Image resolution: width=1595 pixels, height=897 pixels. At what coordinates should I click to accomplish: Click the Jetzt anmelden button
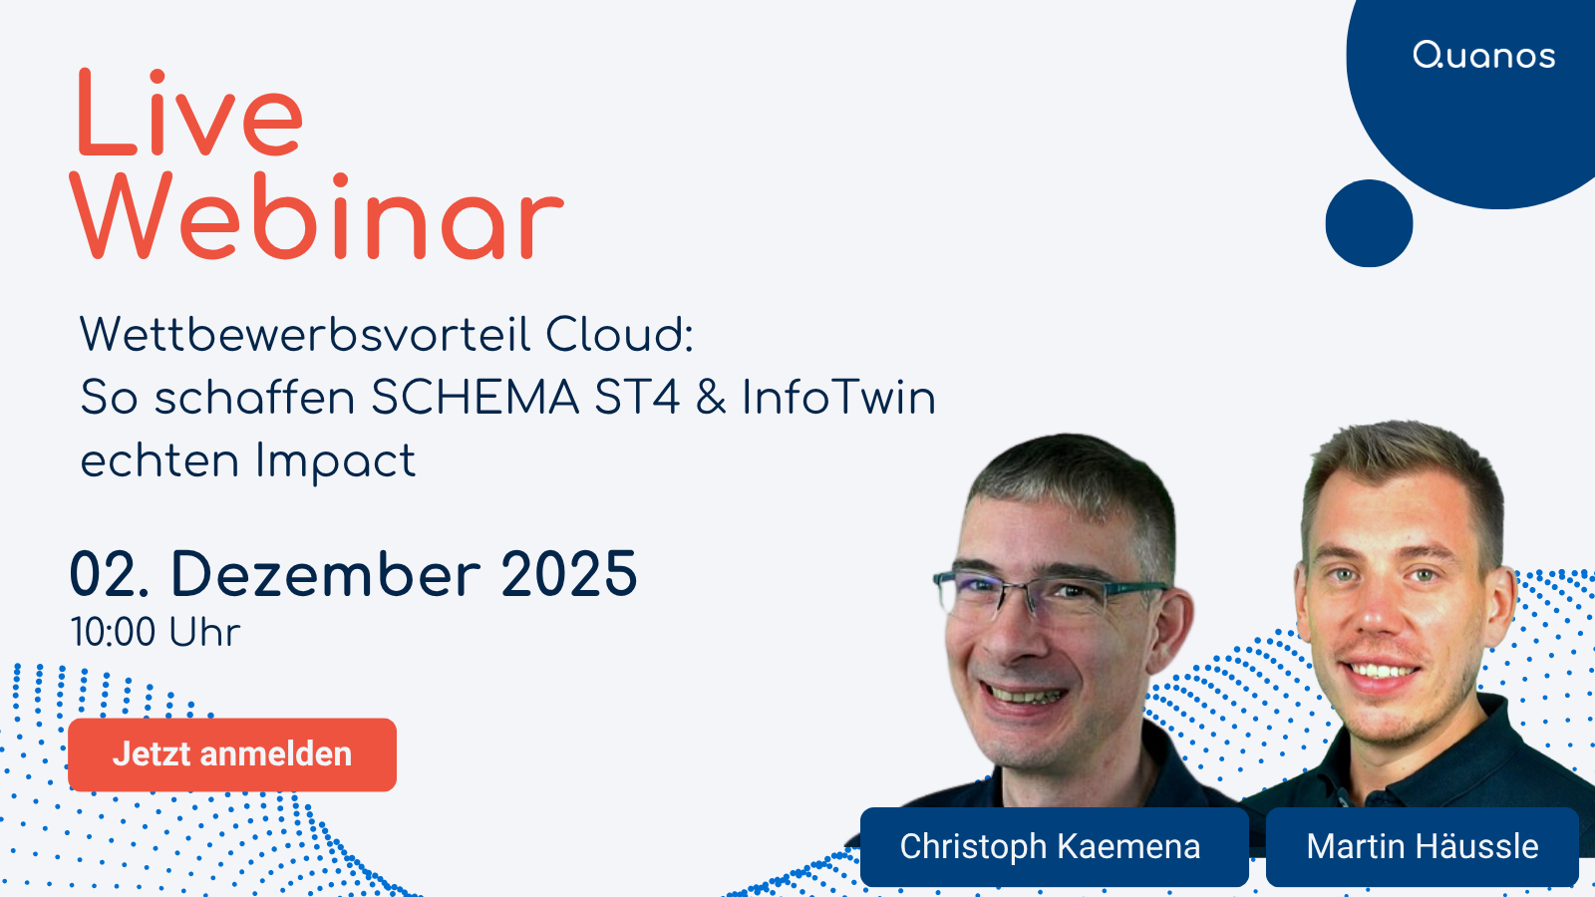point(231,754)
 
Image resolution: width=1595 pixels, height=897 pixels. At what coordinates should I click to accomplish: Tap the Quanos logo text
point(1483,56)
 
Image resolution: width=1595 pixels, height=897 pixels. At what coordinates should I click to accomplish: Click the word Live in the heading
point(188,114)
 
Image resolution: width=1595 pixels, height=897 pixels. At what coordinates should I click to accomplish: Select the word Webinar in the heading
point(317,217)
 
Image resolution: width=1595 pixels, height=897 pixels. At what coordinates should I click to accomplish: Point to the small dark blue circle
point(1369,223)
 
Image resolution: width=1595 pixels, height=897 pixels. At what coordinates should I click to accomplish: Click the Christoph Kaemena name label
point(1051,846)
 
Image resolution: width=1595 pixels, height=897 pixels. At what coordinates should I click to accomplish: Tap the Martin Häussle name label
point(1422,846)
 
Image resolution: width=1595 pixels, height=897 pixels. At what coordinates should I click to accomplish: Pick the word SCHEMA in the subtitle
point(475,398)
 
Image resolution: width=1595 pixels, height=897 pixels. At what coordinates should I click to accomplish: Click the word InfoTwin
point(838,398)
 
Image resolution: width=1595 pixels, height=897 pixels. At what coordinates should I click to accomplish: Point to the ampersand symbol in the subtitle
point(711,398)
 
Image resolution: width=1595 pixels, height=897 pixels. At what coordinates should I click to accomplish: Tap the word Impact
point(335,461)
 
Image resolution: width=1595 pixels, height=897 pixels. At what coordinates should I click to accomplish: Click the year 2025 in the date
point(568,574)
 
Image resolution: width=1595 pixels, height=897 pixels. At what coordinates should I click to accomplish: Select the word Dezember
point(326,574)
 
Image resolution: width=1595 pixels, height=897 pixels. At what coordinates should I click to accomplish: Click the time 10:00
point(113,633)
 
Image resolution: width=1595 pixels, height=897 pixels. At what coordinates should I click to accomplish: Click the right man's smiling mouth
point(1383,670)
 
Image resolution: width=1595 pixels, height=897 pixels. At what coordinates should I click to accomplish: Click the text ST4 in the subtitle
point(637,398)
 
